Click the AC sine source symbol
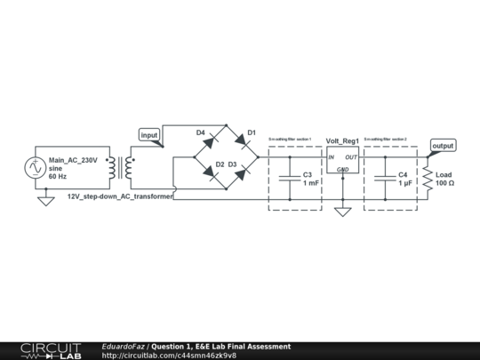37,167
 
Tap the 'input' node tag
150,135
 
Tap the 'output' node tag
442,145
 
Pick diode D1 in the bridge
242,140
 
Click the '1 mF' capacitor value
310,183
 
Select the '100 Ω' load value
445,183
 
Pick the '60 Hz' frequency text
58,177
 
